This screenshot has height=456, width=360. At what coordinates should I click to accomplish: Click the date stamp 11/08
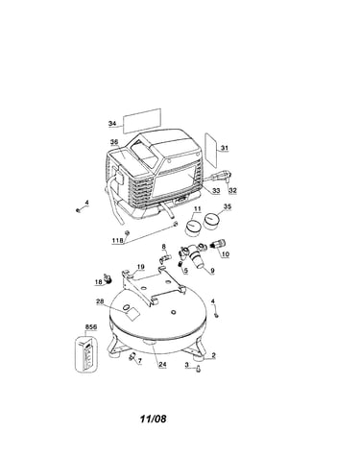tap(154, 419)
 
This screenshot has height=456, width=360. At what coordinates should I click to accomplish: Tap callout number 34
tap(112, 124)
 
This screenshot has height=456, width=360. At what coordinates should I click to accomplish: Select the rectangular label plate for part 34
tap(142, 121)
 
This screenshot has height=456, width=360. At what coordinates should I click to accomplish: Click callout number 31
tap(225, 148)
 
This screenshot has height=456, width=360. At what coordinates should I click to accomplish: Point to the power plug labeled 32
tap(222, 177)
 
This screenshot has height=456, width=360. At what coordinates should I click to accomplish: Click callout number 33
tap(216, 191)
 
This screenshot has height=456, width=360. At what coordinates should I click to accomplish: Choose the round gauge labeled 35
tap(211, 221)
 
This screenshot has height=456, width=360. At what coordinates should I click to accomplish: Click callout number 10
tap(226, 254)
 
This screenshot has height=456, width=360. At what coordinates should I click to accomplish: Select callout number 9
tap(212, 271)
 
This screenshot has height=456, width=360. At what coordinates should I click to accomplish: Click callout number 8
tap(164, 247)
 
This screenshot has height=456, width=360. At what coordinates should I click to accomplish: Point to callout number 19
tap(141, 267)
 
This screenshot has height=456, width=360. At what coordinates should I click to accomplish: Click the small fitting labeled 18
tap(108, 277)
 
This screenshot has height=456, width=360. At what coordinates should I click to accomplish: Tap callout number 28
tap(100, 301)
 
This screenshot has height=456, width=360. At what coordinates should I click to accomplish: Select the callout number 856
tap(91, 327)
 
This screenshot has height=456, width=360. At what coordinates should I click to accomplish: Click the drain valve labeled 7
tap(132, 355)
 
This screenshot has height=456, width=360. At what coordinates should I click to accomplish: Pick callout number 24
tap(163, 364)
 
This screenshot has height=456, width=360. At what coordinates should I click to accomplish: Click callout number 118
tap(117, 241)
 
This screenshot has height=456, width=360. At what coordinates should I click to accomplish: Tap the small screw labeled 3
tap(199, 369)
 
